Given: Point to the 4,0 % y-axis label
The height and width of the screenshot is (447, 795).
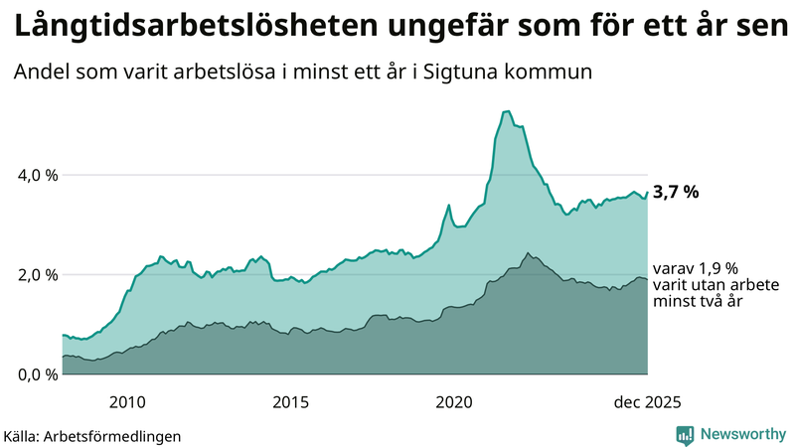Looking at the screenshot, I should click(39, 175).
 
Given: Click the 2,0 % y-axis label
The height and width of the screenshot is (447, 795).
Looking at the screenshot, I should click(39, 275).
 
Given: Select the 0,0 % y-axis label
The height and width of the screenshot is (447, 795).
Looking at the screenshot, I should click(39, 374).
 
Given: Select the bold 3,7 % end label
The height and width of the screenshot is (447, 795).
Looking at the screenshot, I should click(677, 193).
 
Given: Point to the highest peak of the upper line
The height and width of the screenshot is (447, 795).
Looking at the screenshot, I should click(507, 111).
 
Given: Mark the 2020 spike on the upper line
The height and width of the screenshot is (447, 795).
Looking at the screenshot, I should click(449, 205).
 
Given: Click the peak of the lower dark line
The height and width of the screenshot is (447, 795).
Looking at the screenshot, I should click(528, 253).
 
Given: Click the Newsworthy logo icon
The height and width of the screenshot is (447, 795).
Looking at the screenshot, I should click(686, 434).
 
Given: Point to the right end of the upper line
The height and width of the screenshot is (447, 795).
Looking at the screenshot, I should click(647, 192).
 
